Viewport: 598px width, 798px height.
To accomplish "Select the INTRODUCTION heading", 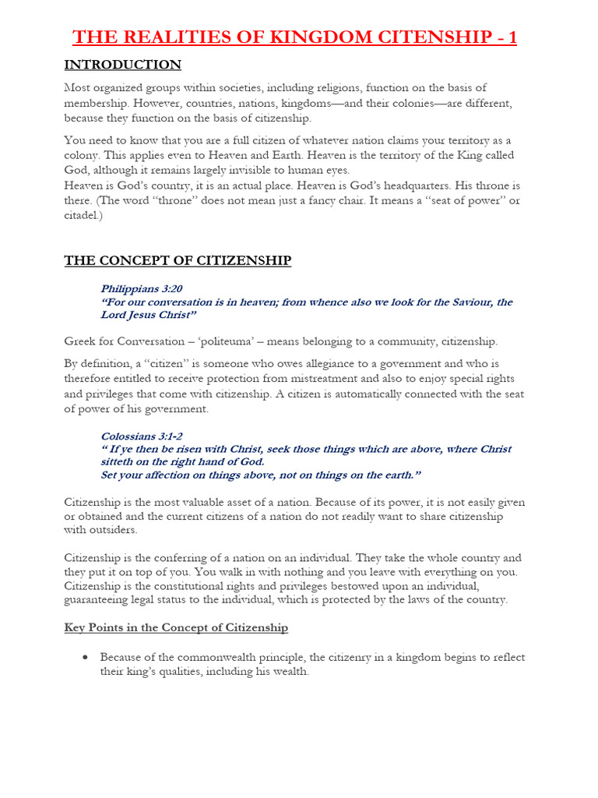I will click(122, 65).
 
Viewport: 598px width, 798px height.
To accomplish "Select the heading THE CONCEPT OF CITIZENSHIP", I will click(178, 261).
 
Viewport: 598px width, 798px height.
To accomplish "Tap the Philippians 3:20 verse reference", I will click(141, 288).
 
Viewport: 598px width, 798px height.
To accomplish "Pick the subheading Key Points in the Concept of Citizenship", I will click(176, 628).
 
